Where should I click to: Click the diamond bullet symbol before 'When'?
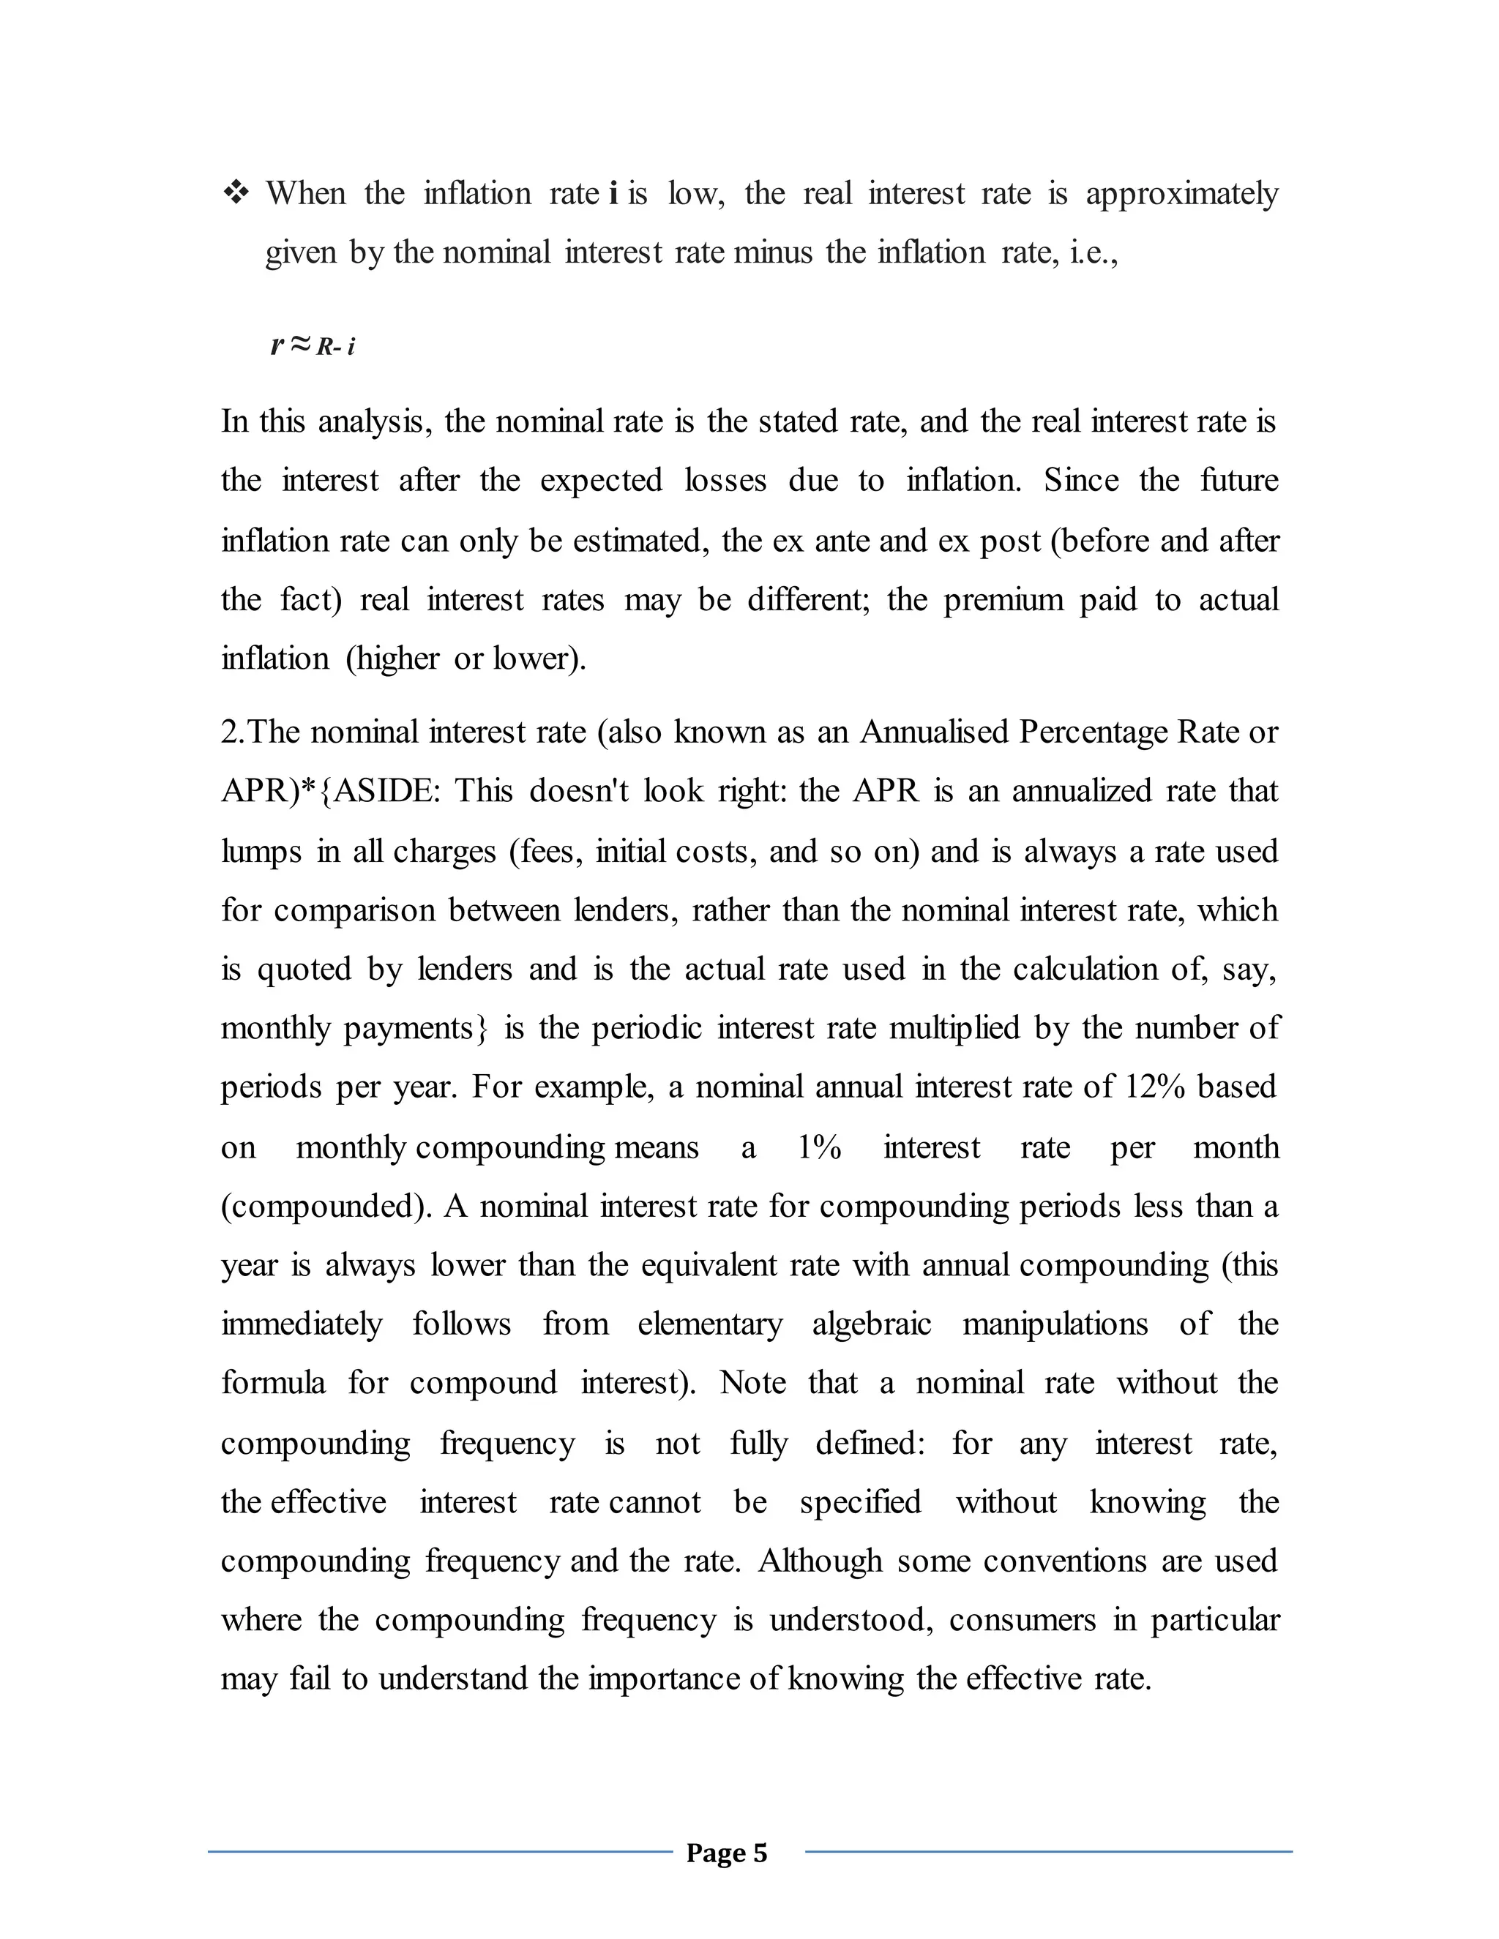[x=237, y=192]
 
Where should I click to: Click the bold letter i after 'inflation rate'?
[x=613, y=192]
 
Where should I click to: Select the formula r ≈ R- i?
[x=313, y=345]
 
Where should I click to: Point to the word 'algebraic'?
[x=871, y=1324]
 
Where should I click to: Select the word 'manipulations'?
[x=1055, y=1324]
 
